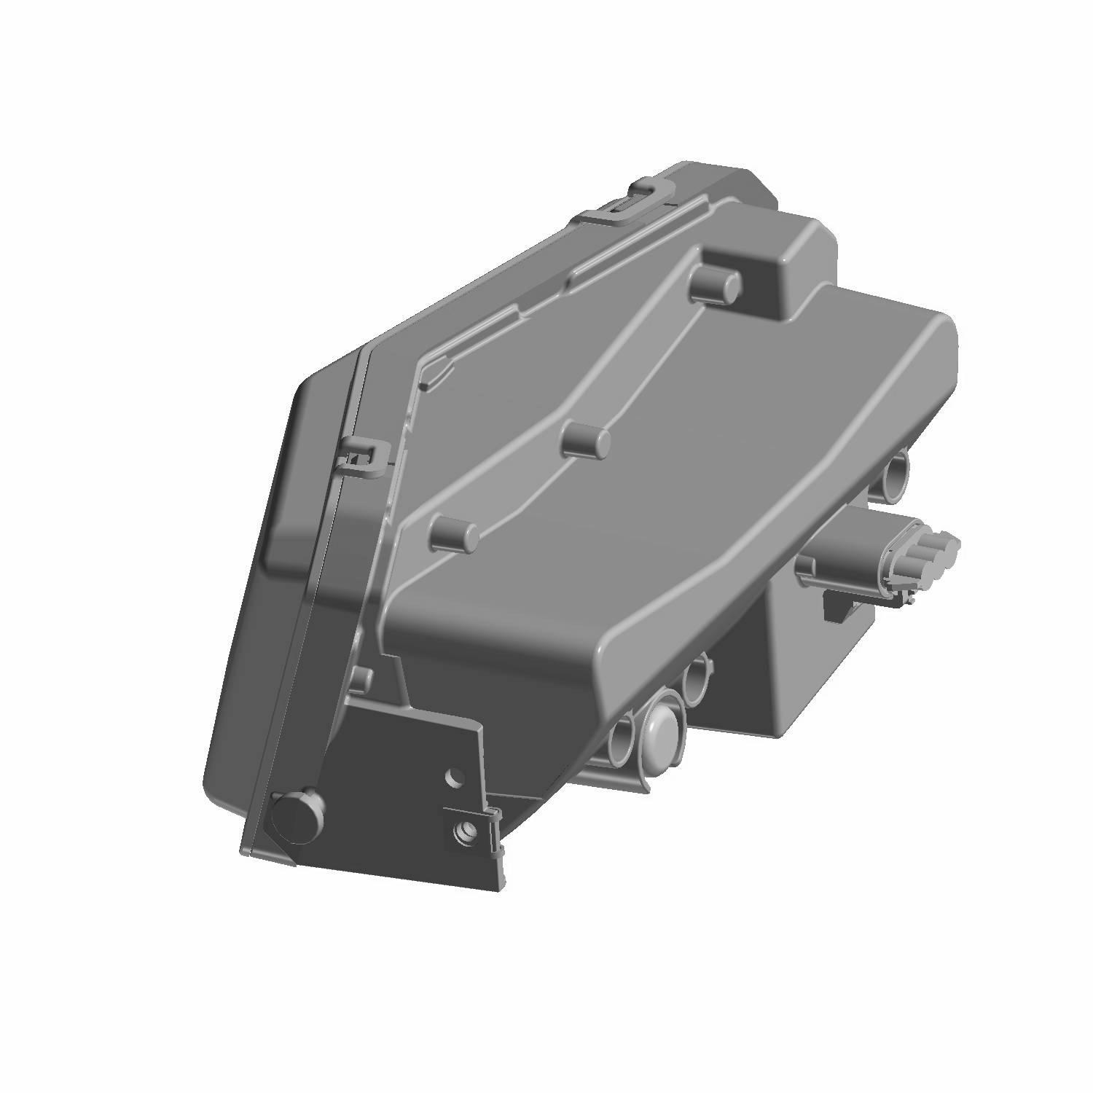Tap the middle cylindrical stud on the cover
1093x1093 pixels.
click(587, 441)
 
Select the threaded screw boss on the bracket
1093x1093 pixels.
click(466, 830)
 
